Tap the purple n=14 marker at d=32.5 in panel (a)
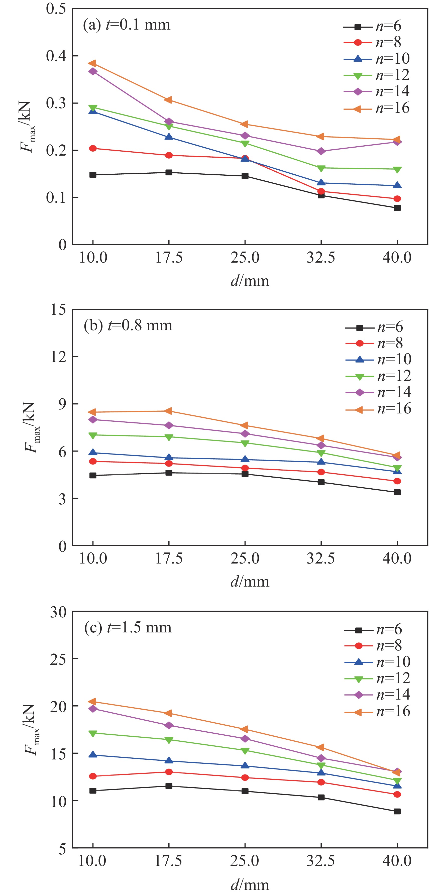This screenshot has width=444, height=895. click(x=321, y=151)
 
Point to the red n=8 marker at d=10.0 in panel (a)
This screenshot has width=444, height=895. click(x=93, y=148)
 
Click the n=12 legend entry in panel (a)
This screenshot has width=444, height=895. click(x=377, y=75)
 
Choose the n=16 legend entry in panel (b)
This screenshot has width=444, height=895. click(x=378, y=409)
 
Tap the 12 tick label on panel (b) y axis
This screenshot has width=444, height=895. click(x=58, y=357)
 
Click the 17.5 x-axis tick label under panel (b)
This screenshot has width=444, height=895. click(x=169, y=558)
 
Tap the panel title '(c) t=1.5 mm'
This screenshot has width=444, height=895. click(x=128, y=627)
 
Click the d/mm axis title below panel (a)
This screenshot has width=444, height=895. click(x=250, y=280)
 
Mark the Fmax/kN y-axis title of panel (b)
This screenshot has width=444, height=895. click(x=32, y=428)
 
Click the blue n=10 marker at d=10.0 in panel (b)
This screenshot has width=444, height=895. click(x=93, y=452)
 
